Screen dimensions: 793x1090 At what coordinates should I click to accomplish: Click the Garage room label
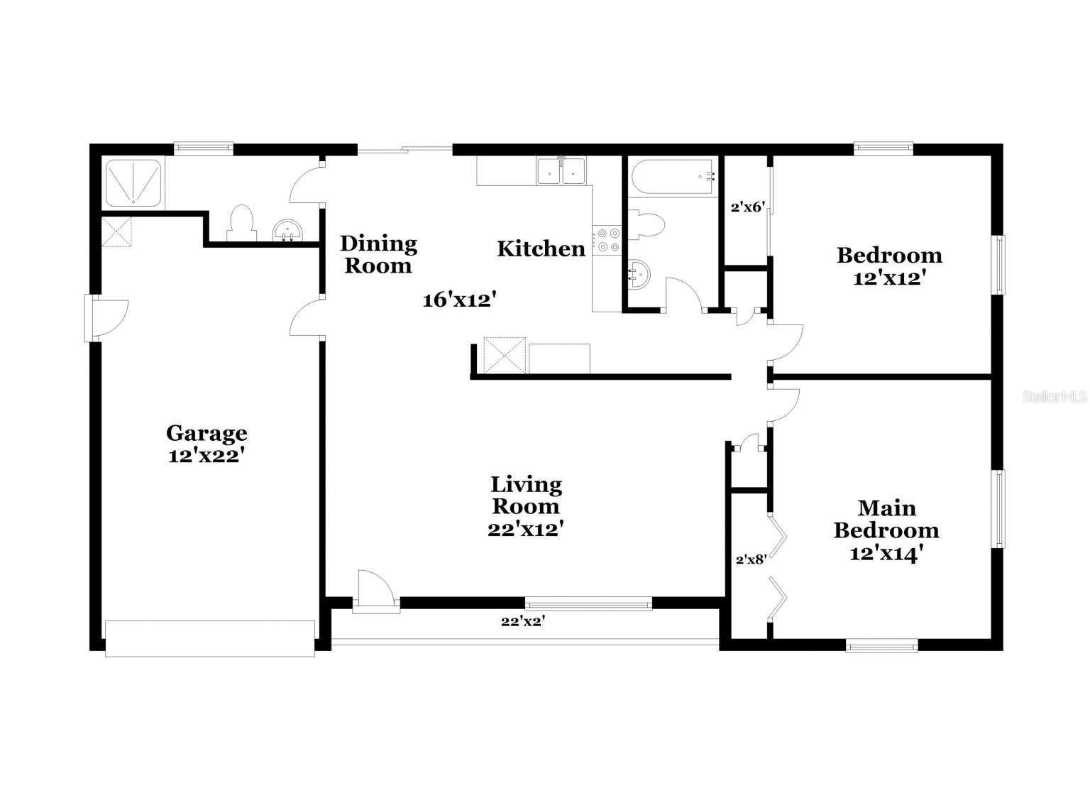[x=207, y=432]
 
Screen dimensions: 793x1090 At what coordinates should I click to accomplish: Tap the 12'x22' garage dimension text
[x=207, y=456]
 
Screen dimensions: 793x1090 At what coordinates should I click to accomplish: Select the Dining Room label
[x=378, y=254]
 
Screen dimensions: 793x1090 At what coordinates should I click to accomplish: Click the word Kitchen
[x=541, y=248]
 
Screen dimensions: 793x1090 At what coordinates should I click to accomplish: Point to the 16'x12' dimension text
[x=458, y=300]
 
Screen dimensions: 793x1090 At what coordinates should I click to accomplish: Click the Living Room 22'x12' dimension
[x=526, y=529]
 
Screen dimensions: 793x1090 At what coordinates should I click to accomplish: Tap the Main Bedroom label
[x=886, y=519]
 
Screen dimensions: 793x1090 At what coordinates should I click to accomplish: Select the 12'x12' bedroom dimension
[x=889, y=278]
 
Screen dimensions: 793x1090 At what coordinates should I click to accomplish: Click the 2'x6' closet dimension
[x=747, y=208]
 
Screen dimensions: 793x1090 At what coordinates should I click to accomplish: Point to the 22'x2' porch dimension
[x=523, y=621]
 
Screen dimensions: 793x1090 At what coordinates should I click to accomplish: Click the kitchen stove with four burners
[x=607, y=239]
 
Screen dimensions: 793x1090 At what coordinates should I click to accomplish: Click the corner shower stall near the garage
[x=133, y=182]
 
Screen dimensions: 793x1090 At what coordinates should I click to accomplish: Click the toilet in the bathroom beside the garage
[x=241, y=223]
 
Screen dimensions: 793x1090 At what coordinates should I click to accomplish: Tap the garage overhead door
[x=209, y=638]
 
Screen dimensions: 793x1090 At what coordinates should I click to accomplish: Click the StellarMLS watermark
[x=1054, y=397]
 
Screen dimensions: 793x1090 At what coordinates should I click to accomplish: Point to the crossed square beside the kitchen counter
[x=504, y=354]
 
